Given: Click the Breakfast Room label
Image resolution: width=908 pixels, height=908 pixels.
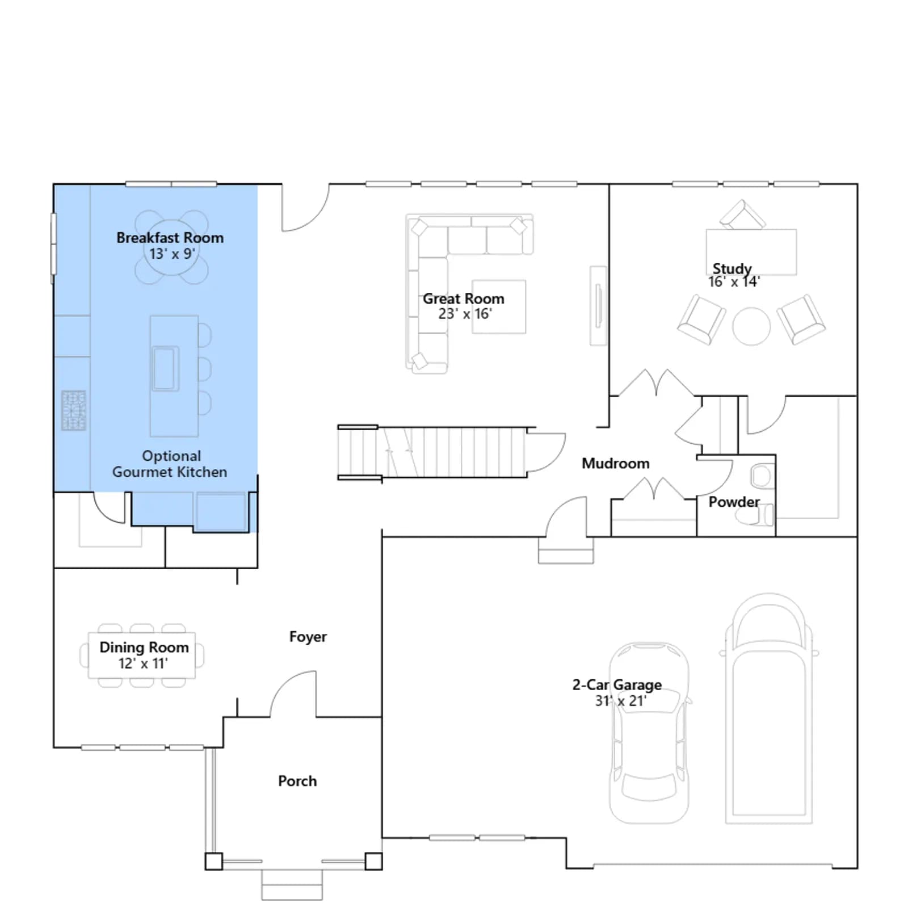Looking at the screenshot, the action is pyautogui.click(x=170, y=238).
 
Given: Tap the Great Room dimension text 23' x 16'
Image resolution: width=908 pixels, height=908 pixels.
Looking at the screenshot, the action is pyautogui.click(x=465, y=314).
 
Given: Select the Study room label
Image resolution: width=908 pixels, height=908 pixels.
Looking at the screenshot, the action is pyautogui.click(x=732, y=268).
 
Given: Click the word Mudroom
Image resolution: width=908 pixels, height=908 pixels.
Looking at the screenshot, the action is pyautogui.click(x=616, y=464).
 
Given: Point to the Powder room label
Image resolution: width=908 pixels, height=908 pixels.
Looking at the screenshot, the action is pyautogui.click(x=734, y=502).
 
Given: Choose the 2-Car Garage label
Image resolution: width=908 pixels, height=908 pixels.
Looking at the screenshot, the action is pyautogui.click(x=617, y=685).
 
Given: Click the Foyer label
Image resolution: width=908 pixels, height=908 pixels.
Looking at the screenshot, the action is pyautogui.click(x=308, y=637).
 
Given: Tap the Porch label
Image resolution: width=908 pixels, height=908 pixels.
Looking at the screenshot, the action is pyautogui.click(x=297, y=781).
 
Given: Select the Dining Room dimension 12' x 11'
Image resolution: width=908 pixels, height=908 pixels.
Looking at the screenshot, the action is pyautogui.click(x=143, y=663).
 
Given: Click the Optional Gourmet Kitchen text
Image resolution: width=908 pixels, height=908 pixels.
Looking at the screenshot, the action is pyautogui.click(x=170, y=464).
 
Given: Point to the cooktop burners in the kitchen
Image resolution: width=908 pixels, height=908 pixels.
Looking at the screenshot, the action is pyautogui.click(x=74, y=410).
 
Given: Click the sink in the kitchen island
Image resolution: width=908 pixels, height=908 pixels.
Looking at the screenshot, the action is pyautogui.click(x=165, y=368).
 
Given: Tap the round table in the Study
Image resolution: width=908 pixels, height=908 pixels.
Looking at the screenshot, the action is pyautogui.click(x=751, y=326).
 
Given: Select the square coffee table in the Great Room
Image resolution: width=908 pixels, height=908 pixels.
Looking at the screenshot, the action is pyautogui.click(x=499, y=306).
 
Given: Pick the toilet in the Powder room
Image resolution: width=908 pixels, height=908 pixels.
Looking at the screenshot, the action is pyautogui.click(x=755, y=515).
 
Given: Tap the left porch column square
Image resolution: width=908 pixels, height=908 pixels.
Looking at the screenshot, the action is pyautogui.click(x=213, y=861).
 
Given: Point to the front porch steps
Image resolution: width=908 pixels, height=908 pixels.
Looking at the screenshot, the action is pyautogui.click(x=292, y=885).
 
